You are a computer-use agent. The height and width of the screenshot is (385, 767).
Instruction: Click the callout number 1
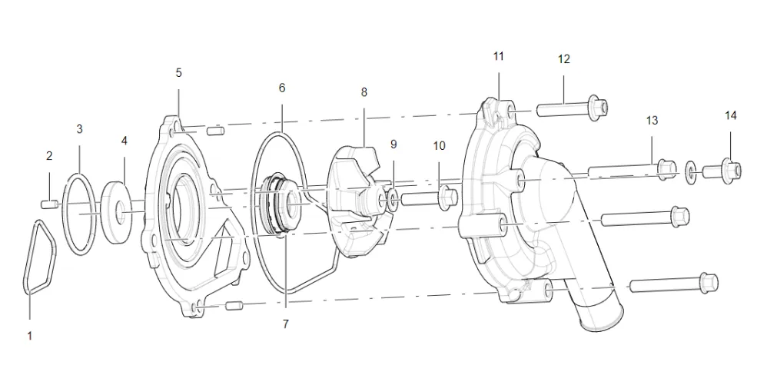[x=30, y=335]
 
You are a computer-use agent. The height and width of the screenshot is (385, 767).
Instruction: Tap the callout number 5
[x=178, y=73]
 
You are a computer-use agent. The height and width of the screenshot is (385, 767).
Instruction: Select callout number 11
[x=499, y=56]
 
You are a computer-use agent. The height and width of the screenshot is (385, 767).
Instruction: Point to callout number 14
[x=730, y=115]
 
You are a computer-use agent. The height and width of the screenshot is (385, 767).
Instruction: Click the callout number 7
[x=285, y=324]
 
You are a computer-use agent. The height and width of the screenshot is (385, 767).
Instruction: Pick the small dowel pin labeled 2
[x=48, y=203]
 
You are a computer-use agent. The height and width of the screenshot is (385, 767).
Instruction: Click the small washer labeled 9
[x=393, y=201]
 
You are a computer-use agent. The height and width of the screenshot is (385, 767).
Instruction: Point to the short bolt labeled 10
[x=427, y=199]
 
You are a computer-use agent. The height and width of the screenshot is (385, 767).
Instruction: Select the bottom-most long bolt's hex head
[x=708, y=284]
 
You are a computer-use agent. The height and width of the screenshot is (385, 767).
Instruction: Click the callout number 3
[x=79, y=129]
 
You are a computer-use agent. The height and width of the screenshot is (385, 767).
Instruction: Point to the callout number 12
[x=564, y=59]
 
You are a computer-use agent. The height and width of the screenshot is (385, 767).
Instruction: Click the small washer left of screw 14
[x=691, y=168]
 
